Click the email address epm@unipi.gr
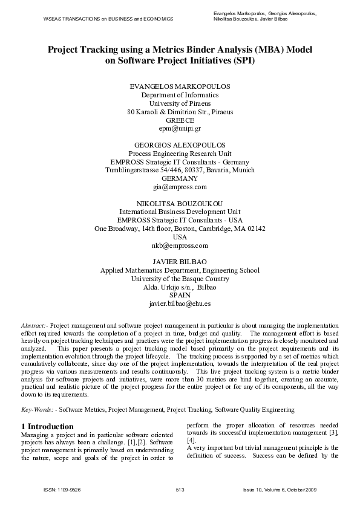coord(180,129)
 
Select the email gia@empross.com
coord(180,187)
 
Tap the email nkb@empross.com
coord(180,246)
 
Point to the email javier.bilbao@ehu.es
coord(180,305)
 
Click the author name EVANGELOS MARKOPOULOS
coord(180,86)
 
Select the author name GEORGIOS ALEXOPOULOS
coord(180,145)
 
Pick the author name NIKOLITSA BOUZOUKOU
coord(180,204)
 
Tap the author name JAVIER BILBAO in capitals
coord(180,262)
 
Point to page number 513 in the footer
coord(180,488)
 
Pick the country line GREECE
coord(180,120)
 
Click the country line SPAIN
coord(180,296)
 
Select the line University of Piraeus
coord(180,103)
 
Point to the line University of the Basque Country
coord(180,279)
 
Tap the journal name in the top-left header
coord(108,19)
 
